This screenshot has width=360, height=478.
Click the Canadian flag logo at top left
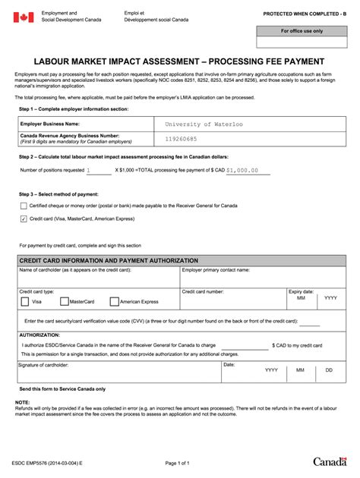24,17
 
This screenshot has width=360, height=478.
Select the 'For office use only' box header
302,31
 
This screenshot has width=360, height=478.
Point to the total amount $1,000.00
247,171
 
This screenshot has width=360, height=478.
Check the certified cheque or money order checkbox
24,206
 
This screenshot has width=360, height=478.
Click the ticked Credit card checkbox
24,219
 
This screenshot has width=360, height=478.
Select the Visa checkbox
25,301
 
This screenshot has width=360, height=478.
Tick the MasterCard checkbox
64,301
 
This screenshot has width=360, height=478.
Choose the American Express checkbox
114,301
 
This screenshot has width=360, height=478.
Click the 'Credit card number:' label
203,291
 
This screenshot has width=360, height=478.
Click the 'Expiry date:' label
301,291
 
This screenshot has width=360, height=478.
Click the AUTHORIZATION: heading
39,334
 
